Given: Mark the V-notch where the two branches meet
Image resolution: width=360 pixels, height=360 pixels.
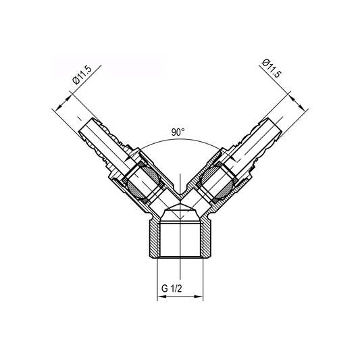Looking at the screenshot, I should pos(180,190).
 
